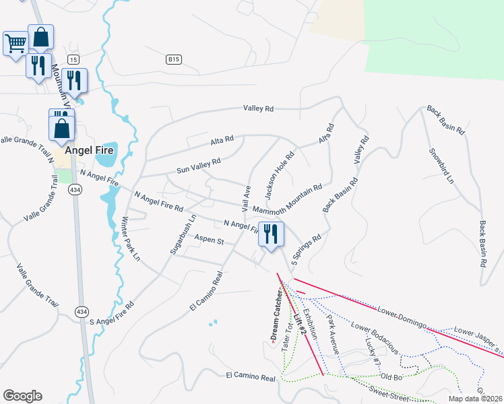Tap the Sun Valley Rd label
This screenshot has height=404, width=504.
(x=199, y=166)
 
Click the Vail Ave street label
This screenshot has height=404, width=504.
(x=246, y=197)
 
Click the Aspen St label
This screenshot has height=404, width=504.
(x=209, y=240)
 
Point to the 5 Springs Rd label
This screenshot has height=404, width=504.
(x=307, y=248)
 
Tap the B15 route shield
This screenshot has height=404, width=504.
(x=174, y=60)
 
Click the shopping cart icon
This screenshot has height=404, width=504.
(x=15, y=44)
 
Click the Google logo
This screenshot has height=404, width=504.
(x=22, y=396)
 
